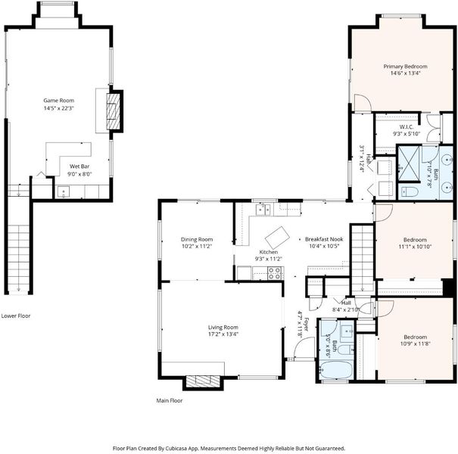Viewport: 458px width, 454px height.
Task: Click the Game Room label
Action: click(x=59, y=101)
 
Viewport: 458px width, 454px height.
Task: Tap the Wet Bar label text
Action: click(x=79, y=166)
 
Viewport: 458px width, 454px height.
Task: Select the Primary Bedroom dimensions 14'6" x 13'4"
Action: click(x=405, y=73)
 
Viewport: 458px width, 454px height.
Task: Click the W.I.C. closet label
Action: click(x=407, y=127)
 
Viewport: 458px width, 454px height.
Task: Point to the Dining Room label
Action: click(x=197, y=239)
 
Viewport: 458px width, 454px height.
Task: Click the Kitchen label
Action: click(x=269, y=252)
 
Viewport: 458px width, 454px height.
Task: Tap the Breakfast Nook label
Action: click(x=324, y=239)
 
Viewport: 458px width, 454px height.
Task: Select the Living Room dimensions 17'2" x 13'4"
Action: click(x=223, y=334)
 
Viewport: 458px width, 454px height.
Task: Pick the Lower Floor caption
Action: click(x=16, y=316)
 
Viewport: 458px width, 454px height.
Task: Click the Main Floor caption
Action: click(x=170, y=400)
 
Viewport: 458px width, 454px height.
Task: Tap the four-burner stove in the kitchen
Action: click(x=275, y=273)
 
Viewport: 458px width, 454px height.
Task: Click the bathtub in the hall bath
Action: click(x=335, y=370)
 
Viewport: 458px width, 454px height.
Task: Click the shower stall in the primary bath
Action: click(x=409, y=163)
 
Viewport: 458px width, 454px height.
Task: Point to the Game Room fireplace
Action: click(x=113, y=111)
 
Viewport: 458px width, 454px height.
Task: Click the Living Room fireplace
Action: click(x=203, y=381)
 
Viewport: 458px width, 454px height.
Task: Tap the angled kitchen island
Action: click(x=277, y=238)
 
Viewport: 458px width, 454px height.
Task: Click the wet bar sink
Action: click(x=64, y=192)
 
